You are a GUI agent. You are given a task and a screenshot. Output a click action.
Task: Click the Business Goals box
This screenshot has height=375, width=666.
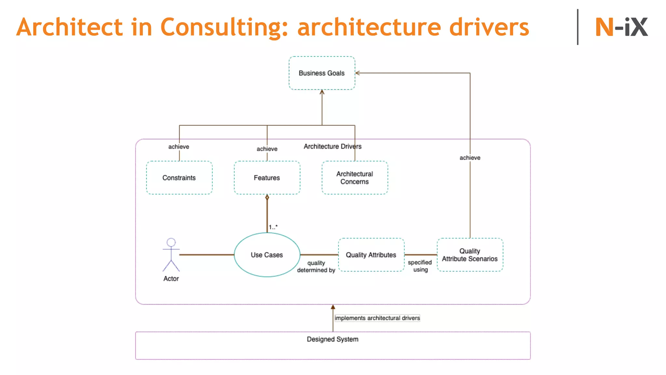(322, 73)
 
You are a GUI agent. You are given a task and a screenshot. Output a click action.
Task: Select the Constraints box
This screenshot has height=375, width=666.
(179, 178)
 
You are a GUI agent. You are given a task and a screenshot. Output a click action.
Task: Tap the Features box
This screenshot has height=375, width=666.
(267, 178)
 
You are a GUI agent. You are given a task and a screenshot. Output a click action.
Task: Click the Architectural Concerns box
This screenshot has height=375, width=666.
(354, 178)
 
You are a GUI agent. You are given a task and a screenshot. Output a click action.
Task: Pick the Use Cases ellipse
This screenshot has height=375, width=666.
(267, 255)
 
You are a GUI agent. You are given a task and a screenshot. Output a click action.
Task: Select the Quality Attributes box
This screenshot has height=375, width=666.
(371, 255)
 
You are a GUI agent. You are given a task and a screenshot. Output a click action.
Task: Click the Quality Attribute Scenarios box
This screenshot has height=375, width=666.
(470, 255)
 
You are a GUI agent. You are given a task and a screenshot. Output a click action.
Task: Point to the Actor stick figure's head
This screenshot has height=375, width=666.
(171, 242)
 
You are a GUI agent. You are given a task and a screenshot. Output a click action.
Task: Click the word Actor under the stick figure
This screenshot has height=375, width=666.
(171, 279)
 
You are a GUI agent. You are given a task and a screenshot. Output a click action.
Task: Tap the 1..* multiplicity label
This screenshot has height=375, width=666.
(273, 227)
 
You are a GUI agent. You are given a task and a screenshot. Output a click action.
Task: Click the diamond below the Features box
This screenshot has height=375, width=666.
(267, 198)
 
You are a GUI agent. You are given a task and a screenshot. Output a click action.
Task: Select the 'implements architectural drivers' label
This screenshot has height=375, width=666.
(377, 318)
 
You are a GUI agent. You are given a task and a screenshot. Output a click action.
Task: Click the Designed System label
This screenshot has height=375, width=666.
(333, 339)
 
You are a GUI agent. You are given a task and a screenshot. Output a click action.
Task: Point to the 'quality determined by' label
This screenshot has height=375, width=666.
(316, 267)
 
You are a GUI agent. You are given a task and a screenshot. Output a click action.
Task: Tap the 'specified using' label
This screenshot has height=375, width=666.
(420, 266)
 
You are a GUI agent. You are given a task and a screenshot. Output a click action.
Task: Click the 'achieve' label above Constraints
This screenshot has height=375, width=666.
(179, 147)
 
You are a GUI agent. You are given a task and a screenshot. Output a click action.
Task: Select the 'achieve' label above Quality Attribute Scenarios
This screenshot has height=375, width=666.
(470, 158)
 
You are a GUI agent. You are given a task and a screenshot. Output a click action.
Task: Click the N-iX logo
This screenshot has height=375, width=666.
(621, 27)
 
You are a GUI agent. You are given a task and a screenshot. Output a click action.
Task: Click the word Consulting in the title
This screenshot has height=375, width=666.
(224, 27)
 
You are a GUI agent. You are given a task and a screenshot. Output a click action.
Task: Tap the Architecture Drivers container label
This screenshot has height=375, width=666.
(332, 146)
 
